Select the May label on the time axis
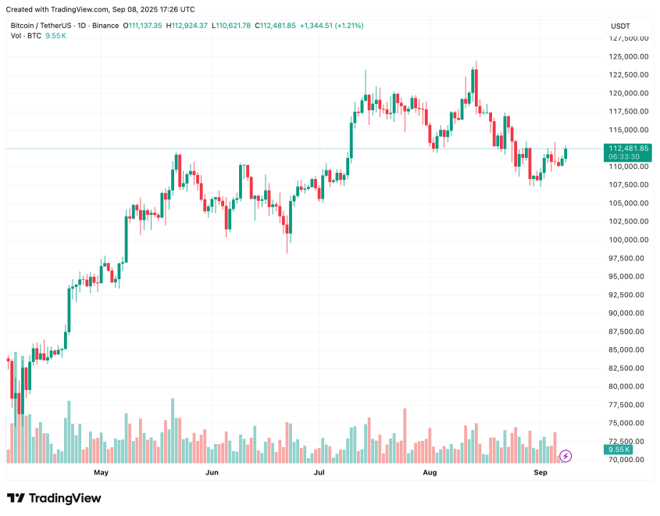pyautogui.click(x=101, y=473)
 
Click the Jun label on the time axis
pyautogui.click(x=211, y=473)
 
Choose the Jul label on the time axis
pyautogui.click(x=320, y=473)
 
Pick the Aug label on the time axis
pyautogui.click(x=430, y=473)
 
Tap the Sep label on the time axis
pyautogui.click(x=540, y=473)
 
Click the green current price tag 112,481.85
pyautogui.click(x=628, y=149)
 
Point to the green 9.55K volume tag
pyautogui.click(x=618, y=450)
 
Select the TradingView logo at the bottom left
pyautogui.click(x=54, y=498)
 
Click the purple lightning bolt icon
pyautogui.click(x=565, y=455)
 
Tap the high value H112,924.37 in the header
pyautogui.click(x=187, y=26)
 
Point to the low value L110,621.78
pyautogui.click(x=231, y=26)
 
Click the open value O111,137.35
pyautogui.click(x=142, y=26)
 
